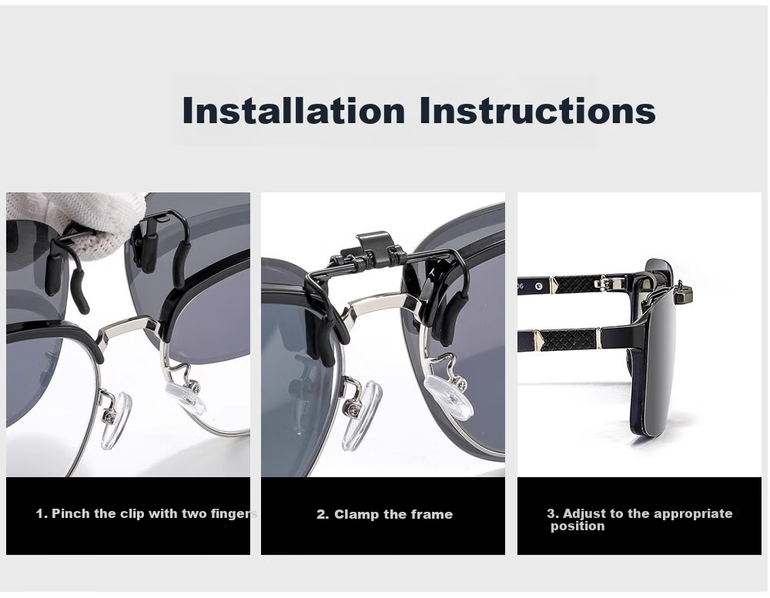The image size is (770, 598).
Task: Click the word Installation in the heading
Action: (293, 110)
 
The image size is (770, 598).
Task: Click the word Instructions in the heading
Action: (537, 110)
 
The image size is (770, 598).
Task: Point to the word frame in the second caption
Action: (432, 515)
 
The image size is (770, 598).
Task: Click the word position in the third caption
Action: (577, 526)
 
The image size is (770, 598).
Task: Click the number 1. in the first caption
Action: (42, 513)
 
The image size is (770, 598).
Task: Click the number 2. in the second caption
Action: (323, 515)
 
